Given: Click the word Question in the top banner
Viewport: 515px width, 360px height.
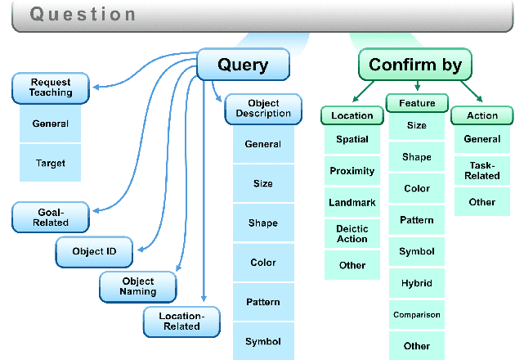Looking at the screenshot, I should (x=83, y=15).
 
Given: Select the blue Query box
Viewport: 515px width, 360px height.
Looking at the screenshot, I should (x=244, y=65).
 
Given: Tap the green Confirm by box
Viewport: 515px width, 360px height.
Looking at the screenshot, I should (x=414, y=65).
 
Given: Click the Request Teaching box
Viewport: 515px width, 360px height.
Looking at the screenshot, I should (x=51, y=88).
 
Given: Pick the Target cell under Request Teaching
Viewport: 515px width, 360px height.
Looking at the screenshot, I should (x=51, y=163).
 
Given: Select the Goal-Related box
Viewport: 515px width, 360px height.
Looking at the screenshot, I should (x=51, y=217).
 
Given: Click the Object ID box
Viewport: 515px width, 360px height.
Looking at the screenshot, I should (x=95, y=252).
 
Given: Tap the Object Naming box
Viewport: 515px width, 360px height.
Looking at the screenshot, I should (x=138, y=286).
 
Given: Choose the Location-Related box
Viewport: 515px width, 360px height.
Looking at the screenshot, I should (x=181, y=321).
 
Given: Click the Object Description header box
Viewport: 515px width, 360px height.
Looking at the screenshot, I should (x=257, y=109).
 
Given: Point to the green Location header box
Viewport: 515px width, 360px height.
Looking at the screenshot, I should (x=352, y=115).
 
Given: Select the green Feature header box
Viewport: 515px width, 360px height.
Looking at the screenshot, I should (x=417, y=103).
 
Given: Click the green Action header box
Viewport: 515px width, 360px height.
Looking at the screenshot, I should (x=482, y=115).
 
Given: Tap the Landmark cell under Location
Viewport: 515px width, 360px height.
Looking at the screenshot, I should (x=352, y=202).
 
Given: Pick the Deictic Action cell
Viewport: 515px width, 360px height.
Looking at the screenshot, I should (x=352, y=234).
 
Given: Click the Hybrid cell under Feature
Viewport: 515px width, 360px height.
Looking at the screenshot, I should (x=417, y=283).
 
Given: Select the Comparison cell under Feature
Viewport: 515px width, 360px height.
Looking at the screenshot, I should (x=417, y=314).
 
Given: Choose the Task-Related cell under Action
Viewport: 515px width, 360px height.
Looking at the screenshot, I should (x=482, y=170).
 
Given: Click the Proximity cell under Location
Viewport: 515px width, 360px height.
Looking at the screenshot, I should (x=352, y=171).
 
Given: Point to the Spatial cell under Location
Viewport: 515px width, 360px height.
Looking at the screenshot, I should (x=352, y=139).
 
